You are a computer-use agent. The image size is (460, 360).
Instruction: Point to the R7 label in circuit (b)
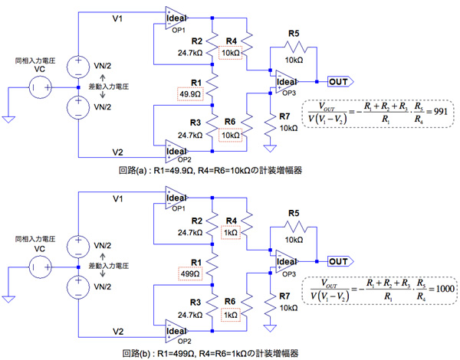tap(285, 294)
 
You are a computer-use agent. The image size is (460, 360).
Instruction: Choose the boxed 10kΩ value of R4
tap(230, 52)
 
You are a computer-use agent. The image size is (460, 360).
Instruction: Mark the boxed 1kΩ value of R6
tap(230, 315)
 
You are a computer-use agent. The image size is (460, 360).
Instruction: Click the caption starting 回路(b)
tap(230, 352)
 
